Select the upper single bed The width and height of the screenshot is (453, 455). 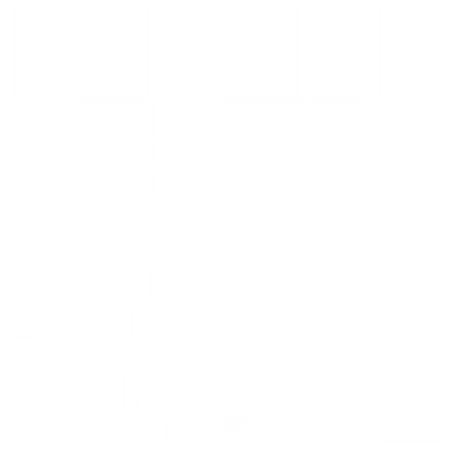click(x=63, y=152)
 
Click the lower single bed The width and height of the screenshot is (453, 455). click(x=63, y=236)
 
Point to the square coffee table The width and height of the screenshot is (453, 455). click(x=231, y=175)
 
